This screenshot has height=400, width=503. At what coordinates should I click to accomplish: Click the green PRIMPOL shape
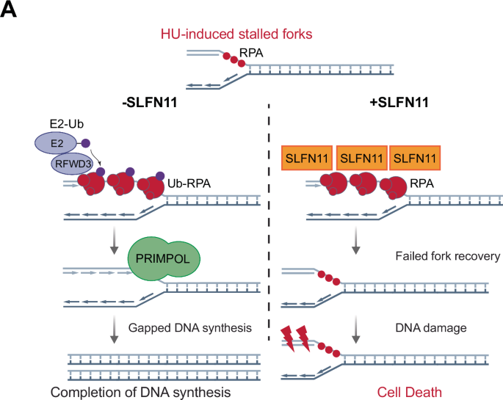pos(163,258)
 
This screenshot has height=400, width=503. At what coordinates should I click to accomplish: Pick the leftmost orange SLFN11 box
pos(306,157)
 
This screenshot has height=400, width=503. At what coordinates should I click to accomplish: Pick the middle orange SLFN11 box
pos(361,157)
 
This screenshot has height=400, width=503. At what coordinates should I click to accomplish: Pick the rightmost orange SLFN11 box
pos(416,157)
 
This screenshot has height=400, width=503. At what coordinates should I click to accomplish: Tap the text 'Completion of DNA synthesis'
pos(141,392)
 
